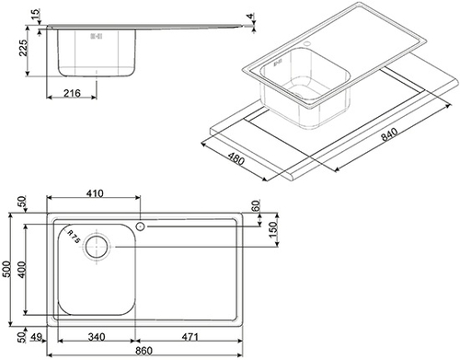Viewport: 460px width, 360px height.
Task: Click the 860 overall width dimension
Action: click(144, 350)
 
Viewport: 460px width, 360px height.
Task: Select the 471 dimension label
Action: click(190, 337)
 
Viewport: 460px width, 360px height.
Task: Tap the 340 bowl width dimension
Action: click(97, 337)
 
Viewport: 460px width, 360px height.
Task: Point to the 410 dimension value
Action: click(95, 193)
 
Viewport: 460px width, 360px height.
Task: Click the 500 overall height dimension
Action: click(6, 269)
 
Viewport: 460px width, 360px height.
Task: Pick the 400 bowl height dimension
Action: click(22, 270)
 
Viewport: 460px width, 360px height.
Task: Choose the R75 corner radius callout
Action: click(74, 237)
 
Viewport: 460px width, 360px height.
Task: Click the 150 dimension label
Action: click(272, 229)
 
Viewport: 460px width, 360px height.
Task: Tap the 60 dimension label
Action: click(256, 205)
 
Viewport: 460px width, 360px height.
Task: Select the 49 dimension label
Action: click(37, 337)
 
